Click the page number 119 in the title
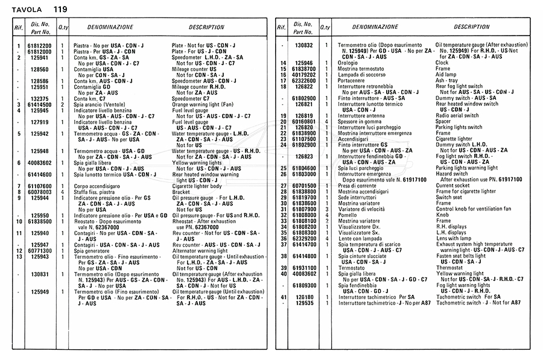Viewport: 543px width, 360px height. [x=60, y=9]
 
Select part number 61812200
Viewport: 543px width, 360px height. [x=40, y=46]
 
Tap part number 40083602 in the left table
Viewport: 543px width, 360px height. [x=40, y=163]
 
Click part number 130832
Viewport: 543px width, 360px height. [x=304, y=46]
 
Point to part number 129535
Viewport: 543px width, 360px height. [x=304, y=303]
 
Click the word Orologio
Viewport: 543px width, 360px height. [x=348, y=63]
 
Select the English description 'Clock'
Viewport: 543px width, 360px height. [x=442, y=63]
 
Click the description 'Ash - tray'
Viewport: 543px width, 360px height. [x=446, y=80]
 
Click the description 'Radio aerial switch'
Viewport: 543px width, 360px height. [x=458, y=115]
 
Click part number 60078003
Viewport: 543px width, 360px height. [x=40, y=192]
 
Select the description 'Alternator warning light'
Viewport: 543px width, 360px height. [x=200, y=250]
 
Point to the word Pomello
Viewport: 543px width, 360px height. [x=348, y=215]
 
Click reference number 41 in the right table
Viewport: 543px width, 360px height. [x=283, y=297]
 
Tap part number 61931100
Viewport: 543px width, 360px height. [x=304, y=267]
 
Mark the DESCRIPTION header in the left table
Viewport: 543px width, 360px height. [x=206, y=28]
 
